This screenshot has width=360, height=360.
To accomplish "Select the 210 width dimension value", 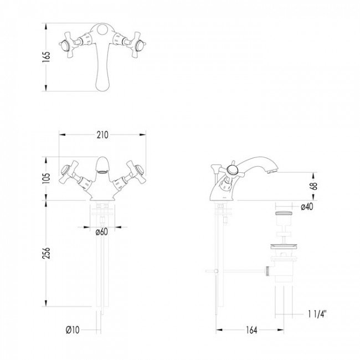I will tap(102, 135).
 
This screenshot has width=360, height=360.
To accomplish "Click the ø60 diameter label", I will tap(101, 232).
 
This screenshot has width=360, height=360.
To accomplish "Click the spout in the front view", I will tap(102, 166).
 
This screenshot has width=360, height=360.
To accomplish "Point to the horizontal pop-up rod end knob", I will tap(207, 271).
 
